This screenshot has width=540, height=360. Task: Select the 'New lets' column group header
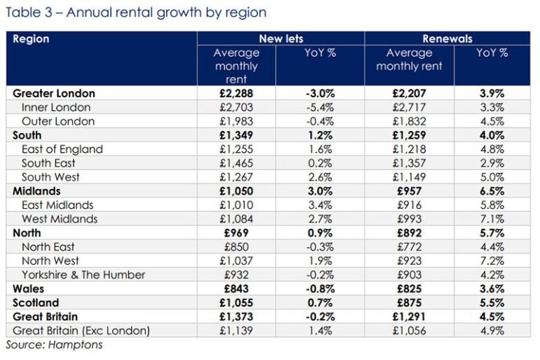click(281, 39)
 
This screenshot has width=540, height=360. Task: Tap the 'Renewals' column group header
click(447, 39)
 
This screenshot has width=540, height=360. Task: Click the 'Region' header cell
click(32, 39)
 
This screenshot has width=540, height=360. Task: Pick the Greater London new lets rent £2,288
click(236, 93)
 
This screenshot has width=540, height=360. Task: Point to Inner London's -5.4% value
click(320, 107)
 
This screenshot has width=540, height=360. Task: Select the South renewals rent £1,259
click(409, 135)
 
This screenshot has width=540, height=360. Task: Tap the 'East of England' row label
click(62, 149)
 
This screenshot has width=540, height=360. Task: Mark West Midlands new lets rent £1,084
click(236, 219)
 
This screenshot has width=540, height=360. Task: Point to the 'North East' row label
click(48, 247)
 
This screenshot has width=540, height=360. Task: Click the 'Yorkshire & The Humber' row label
click(83, 275)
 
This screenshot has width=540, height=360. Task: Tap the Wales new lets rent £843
click(236, 289)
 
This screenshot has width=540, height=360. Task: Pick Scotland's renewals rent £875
click(409, 303)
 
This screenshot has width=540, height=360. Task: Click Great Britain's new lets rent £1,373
click(236, 317)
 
